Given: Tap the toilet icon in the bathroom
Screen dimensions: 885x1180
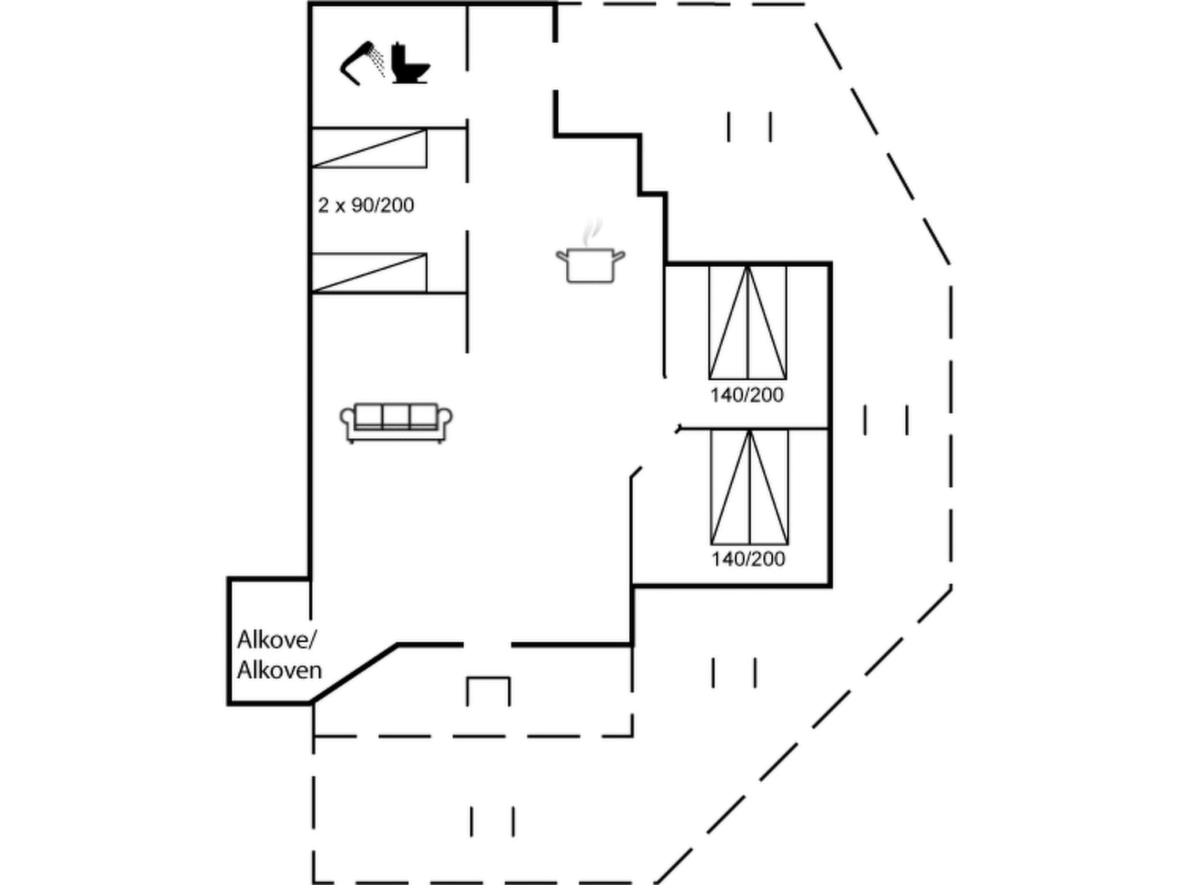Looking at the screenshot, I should click(410, 64).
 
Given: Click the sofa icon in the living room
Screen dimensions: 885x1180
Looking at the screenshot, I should click(396, 422).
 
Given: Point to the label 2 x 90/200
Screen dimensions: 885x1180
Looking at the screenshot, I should click(366, 205).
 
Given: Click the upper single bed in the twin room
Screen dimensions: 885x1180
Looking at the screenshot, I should click(369, 149).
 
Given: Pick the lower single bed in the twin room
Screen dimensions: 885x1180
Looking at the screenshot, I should click(369, 273).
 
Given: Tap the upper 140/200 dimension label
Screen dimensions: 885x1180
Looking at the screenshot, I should click(747, 395).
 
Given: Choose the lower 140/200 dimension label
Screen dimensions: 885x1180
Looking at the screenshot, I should click(748, 559).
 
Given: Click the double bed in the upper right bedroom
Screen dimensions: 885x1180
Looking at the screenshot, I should click(747, 322).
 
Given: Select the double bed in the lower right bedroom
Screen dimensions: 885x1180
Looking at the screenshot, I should click(749, 487).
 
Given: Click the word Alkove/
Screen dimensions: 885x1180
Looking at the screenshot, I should click(277, 640).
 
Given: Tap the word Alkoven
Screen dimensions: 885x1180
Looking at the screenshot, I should click(279, 670).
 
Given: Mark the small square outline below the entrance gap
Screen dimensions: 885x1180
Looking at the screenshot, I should click(488, 691).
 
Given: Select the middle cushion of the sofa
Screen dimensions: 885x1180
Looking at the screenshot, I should click(396, 415).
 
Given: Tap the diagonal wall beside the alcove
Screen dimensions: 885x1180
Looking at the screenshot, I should click(354, 674).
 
